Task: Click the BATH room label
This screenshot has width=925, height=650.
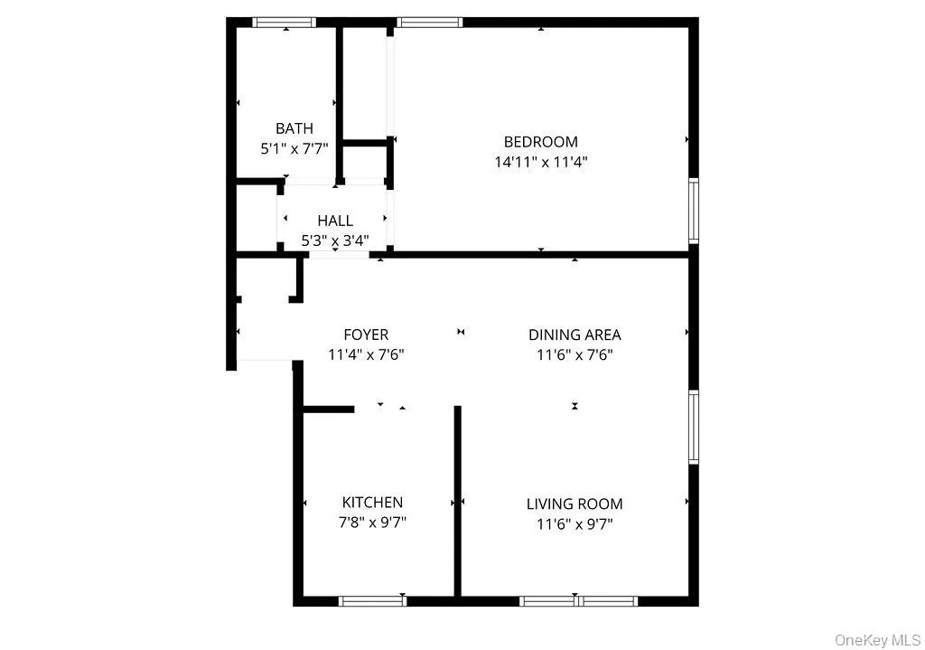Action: point(294,128)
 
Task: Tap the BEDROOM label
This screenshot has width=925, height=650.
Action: point(540,142)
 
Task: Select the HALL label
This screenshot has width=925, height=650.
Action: point(335,221)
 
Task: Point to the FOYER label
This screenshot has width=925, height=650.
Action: point(366,334)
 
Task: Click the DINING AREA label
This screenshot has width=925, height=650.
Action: point(575,334)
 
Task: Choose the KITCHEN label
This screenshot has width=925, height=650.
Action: point(372,503)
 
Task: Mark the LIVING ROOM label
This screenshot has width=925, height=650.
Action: point(575,504)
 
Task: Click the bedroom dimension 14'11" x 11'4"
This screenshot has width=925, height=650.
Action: point(540,163)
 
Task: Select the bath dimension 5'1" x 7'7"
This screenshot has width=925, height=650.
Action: point(294,149)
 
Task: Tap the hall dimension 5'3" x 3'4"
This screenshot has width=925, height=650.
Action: point(335,241)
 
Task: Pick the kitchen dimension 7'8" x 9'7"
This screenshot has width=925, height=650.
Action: point(372,523)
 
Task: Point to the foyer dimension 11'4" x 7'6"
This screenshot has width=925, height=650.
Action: point(366,355)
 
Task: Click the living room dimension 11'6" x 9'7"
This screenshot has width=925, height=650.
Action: point(575,524)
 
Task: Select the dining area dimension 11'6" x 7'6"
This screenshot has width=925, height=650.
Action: point(575,355)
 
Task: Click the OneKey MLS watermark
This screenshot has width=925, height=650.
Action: point(877,640)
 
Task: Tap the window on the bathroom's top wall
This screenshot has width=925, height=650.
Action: point(284,23)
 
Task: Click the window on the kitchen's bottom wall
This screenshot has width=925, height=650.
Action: point(372,600)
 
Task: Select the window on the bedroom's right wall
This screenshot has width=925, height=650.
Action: point(694,211)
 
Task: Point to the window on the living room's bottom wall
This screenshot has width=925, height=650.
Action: point(579,600)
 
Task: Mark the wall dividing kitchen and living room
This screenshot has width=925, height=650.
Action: point(457,502)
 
